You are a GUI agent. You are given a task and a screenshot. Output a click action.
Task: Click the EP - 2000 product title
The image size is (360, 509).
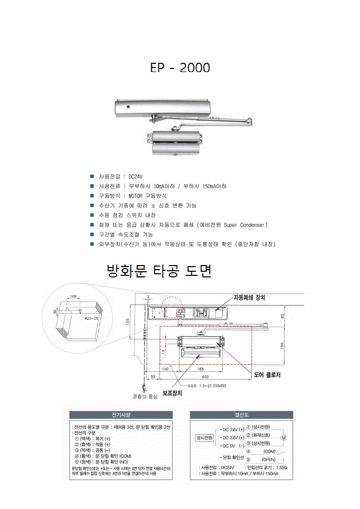[x=179, y=68]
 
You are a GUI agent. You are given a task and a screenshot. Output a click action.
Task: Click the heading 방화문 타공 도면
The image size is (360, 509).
[x=158, y=271]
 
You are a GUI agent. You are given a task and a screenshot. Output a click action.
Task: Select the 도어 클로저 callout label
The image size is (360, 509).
[x=267, y=375]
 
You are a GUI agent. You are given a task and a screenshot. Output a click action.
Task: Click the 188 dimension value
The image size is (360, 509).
[x=201, y=369]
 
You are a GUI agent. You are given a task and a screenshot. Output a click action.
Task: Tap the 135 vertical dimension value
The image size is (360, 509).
[x=127, y=322]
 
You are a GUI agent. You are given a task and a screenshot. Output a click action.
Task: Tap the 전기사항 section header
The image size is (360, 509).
[x=122, y=414]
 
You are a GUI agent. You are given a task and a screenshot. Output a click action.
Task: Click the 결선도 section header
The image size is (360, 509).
[x=242, y=414]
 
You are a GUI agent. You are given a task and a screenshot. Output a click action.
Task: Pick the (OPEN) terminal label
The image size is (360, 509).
[x=269, y=459]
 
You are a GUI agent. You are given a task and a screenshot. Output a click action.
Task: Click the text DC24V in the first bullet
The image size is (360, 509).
[x=135, y=177]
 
